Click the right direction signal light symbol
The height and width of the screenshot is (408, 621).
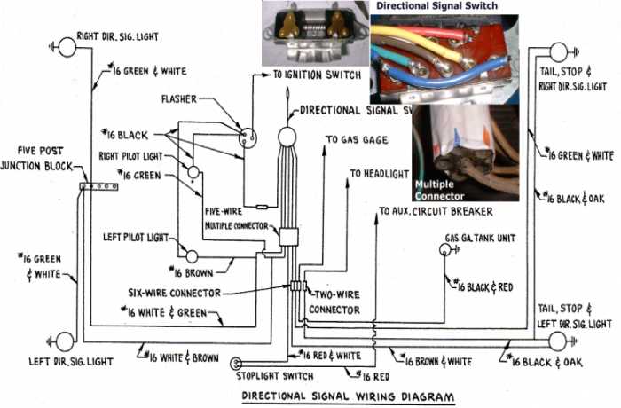click(x=67, y=47)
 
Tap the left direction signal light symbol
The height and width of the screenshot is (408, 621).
click(x=64, y=341)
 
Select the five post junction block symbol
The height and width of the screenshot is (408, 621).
click(x=98, y=186)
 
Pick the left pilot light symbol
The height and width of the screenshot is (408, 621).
click(x=192, y=255)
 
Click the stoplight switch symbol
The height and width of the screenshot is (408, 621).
click(x=237, y=363)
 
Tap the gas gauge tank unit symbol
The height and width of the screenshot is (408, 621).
click(x=444, y=251)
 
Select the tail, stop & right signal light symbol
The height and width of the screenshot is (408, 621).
click(x=558, y=52)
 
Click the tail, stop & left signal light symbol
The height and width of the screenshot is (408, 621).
click(x=558, y=341)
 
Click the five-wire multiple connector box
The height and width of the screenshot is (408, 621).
click(x=288, y=237)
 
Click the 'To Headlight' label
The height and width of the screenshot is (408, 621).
click(x=381, y=174)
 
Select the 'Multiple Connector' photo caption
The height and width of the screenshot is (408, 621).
click(x=441, y=189)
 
